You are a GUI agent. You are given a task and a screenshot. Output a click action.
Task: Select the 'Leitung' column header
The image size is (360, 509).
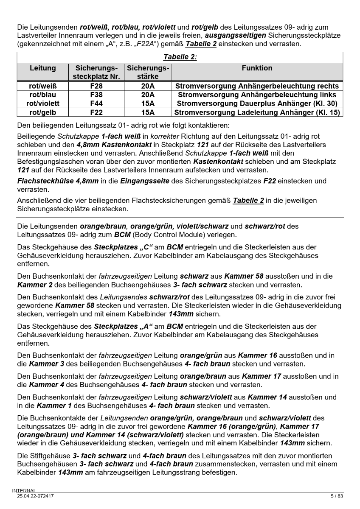(x=43, y=68)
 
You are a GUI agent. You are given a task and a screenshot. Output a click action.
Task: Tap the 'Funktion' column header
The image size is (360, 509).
(x=257, y=68)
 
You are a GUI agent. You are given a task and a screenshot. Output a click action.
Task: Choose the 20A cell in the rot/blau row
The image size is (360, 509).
(x=148, y=95)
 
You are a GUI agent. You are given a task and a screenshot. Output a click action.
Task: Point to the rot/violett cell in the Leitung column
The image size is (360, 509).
(x=43, y=103)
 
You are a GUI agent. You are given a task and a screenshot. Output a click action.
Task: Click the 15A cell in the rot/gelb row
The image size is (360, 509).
(x=148, y=112)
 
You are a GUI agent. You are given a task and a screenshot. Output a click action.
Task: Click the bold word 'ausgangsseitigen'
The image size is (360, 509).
(x=237, y=36)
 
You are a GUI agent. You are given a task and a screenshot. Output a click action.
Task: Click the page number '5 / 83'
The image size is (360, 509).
(x=336, y=495)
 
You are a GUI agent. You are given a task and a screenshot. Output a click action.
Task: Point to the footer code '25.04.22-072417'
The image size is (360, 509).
(x=35, y=495)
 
